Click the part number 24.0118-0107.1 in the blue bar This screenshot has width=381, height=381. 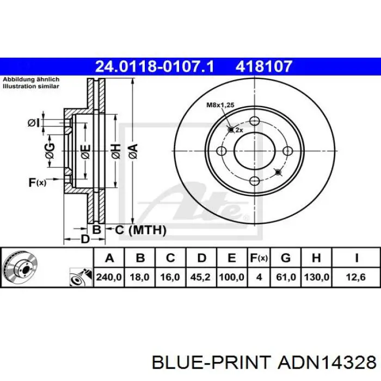point(155,66)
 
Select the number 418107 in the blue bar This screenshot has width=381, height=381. point(263,66)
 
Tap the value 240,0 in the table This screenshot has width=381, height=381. point(109,277)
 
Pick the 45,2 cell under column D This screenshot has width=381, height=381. point(200,277)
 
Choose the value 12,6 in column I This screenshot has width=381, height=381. point(356,277)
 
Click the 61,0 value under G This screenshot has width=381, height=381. point(286,277)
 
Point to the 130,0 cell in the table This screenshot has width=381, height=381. point(316,277)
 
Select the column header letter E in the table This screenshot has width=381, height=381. point(231,258)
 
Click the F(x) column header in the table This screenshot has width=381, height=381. point(259,258)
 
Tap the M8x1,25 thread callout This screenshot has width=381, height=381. point(220,105)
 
